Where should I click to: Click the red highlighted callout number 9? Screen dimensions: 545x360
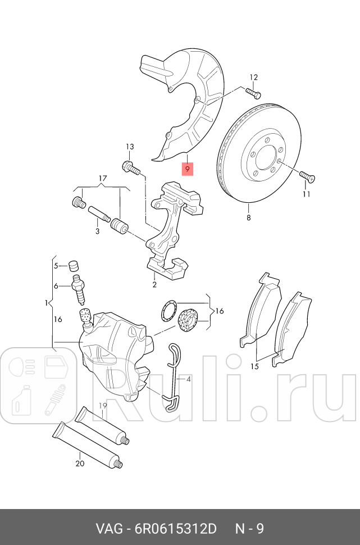point(188,168)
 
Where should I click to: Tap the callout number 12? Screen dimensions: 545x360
point(253,78)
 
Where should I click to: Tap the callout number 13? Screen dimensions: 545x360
point(130,147)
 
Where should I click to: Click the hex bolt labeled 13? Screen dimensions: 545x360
point(128,166)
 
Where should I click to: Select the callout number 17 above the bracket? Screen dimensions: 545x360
point(102,179)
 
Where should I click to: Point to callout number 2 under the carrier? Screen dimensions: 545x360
point(154,285)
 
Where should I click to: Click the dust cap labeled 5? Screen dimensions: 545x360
point(72,265)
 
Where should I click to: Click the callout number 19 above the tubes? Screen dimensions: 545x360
point(103,406)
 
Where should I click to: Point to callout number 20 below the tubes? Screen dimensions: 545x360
point(80,464)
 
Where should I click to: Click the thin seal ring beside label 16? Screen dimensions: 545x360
point(167,311)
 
